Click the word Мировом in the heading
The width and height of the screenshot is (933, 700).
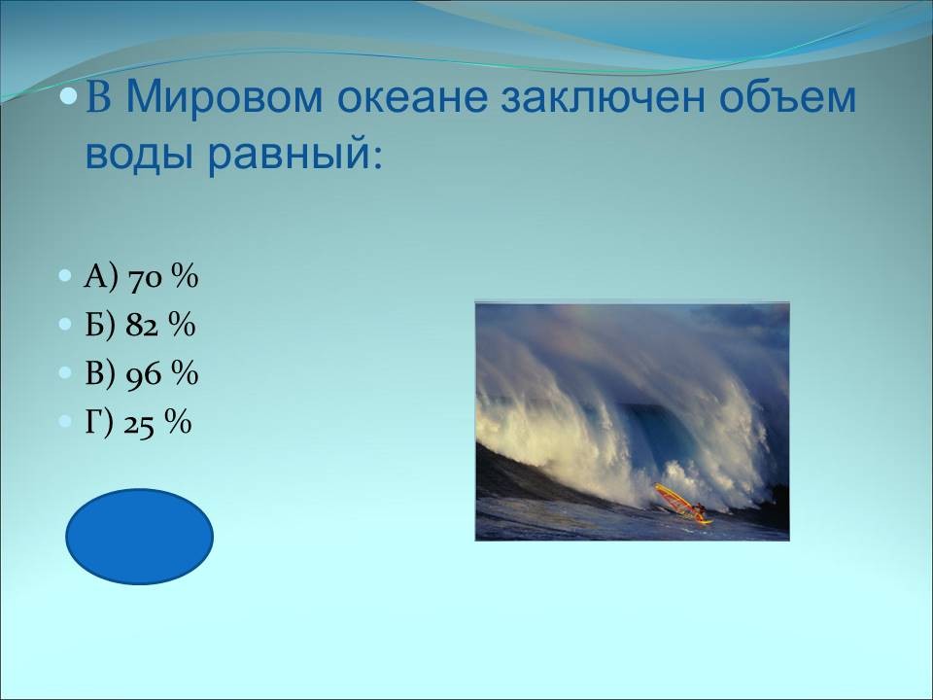225,97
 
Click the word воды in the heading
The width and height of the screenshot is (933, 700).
140,155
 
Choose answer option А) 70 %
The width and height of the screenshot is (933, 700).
141,277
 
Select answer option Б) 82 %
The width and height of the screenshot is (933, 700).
140,325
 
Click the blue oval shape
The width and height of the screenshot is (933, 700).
139,537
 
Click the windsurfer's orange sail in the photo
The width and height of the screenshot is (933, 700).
674,499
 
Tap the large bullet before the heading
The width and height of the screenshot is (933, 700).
70,95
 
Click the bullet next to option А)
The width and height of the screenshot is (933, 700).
65,276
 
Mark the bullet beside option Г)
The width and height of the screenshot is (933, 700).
65,422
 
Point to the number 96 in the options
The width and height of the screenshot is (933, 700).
144,375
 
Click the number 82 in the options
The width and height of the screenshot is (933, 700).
142,327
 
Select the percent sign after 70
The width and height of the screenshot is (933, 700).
185,277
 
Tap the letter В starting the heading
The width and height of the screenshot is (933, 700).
98,97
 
